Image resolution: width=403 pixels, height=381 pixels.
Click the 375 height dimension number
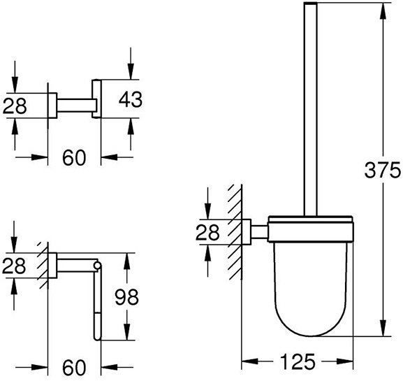click(383, 171)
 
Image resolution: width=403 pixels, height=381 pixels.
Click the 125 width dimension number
click(298, 361)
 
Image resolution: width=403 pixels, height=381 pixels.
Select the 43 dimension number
click(131, 99)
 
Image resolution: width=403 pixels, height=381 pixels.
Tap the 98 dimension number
click(126, 297)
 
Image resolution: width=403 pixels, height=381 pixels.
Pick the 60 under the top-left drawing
click(74, 158)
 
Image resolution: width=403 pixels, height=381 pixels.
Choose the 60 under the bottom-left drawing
click(74, 367)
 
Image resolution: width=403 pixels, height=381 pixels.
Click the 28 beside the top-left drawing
click(15, 106)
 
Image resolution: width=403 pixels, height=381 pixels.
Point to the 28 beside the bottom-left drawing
click(14, 266)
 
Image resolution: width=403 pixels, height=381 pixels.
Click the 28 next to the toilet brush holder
click(207, 232)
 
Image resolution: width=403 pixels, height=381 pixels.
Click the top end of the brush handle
click(311, 3)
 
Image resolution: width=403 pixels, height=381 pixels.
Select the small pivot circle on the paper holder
click(97, 265)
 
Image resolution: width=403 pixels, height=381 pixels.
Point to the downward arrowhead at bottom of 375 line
click(383, 328)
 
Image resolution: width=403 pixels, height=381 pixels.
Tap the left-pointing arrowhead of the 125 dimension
click(250, 361)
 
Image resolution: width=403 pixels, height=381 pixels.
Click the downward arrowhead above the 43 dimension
click(131, 71)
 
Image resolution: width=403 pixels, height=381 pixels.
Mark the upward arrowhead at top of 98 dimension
click(126, 261)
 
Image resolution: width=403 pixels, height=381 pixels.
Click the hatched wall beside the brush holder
click(235, 232)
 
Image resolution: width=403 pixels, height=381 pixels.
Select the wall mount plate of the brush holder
click(247, 232)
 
